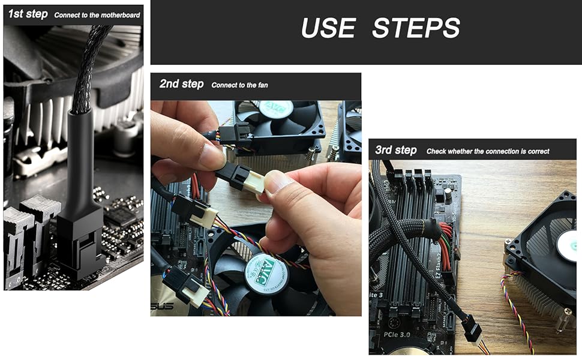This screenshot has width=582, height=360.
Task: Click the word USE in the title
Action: (x=329, y=28)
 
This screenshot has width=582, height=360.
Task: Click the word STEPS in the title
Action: (x=416, y=28)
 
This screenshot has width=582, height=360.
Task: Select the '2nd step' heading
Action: (x=181, y=85)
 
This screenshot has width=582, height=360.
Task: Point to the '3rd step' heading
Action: (x=395, y=150)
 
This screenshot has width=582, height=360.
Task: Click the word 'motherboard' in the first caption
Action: (x=119, y=15)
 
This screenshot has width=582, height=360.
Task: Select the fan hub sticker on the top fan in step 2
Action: (x=275, y=109)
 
